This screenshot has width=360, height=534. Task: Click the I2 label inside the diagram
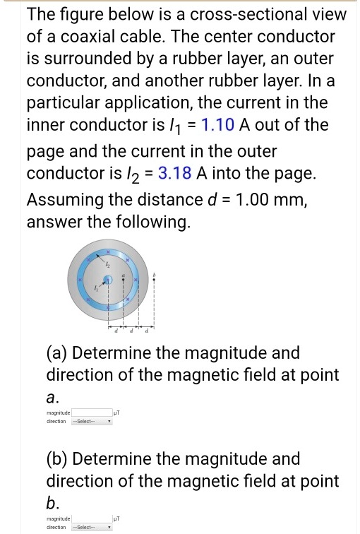point(108,263)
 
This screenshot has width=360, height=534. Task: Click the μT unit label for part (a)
point(118,412)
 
